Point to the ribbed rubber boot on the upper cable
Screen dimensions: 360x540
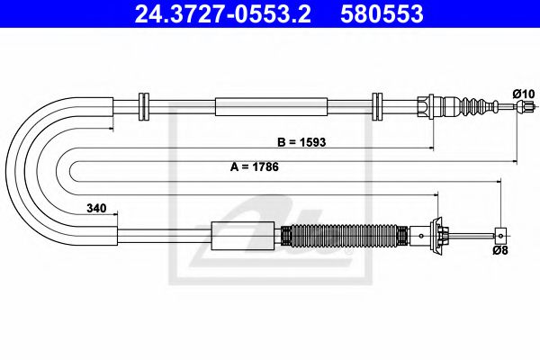coord(470,107)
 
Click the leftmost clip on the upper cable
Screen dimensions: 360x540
coord(141,106)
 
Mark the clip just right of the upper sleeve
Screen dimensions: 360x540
coord(378,106)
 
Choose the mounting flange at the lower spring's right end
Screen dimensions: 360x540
coord(439,235)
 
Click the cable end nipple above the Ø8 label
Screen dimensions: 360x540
coord(500,236)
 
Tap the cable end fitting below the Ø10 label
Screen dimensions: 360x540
coord(520,108)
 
